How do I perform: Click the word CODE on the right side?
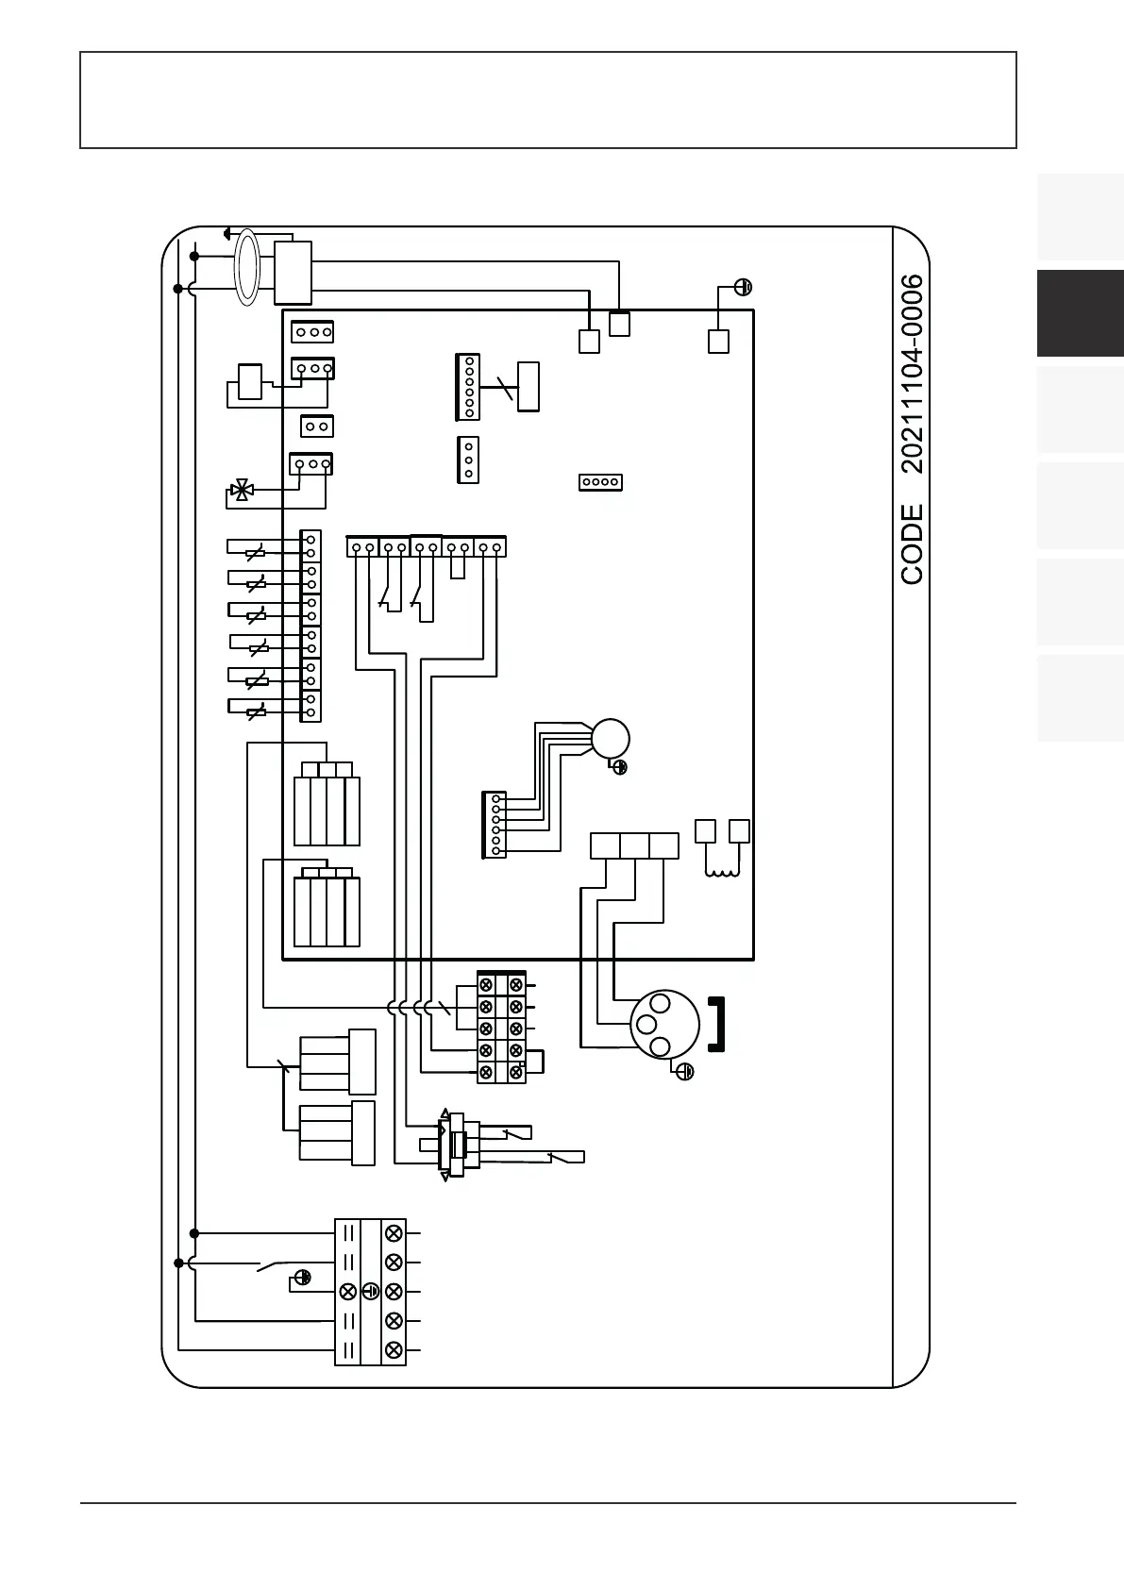[912, 544]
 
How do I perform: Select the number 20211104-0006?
[912, 374]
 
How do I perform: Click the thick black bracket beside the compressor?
[717, 1024]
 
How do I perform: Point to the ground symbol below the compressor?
[686, 1072]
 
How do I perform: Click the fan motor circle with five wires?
[610, 738]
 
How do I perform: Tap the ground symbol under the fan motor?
[620, 767]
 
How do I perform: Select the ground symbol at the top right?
[744, 287]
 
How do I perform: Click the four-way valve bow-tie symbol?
[242, 490]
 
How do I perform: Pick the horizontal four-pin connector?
[600, 482]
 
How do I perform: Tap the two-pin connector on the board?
[317, 427]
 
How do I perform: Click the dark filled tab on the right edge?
[1080, 313]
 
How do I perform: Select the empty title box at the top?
[547, 100]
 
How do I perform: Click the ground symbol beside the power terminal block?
[302, 1278]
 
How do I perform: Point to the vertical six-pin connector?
[468, 386]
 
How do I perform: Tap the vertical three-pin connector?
[468, 460]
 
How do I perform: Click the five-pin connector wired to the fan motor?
[495, 825]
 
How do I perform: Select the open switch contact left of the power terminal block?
[275, 1265]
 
